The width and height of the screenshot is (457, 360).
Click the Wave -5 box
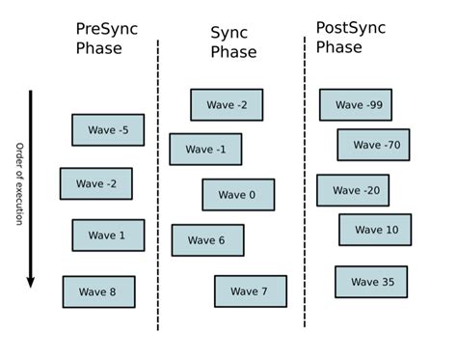click(x=108, y=130)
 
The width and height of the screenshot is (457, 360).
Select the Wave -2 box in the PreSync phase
click(x=95, y=183)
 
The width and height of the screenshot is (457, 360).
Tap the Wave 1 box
click(x=108, y=235)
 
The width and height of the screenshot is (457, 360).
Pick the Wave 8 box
click(x=98, y=291)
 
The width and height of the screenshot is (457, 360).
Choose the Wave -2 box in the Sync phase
click(x=227, y=105)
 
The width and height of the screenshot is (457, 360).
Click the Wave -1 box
click(x=205, y=150)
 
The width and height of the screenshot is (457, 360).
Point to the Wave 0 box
click(x=238, y=195)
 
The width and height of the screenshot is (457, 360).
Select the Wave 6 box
click(x=207, y=240)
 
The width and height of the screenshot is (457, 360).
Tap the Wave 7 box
click(x=251, y=291)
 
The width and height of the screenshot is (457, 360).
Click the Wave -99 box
click(x=356, y=105)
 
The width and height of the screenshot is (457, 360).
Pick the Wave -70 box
click(x=373, y=145)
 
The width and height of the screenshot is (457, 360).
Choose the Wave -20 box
click(x=353, y=190)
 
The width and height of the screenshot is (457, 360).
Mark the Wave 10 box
click(x=375, y=230)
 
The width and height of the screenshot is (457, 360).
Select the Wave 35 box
click(x=371, y=282)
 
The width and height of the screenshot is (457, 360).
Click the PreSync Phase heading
click(x=106, y=39)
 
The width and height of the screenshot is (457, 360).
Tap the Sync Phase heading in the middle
click(x=233, y=42)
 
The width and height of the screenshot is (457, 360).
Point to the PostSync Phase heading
click(x=350, y=37)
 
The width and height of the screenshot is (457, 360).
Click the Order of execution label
click(x=18, y=183)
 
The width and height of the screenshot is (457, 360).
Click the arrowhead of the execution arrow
click(x=30, y=281)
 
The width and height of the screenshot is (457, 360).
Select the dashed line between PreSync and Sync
click(x=158, y=183)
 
